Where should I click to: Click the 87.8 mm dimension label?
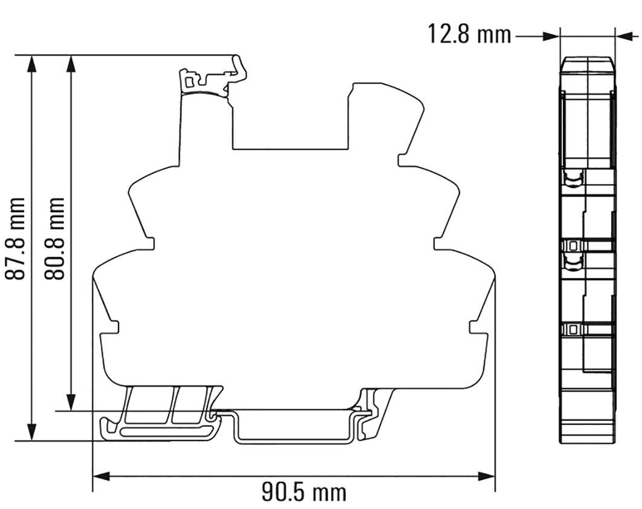pos(17,238)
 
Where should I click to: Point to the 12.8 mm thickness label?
pos(470,34)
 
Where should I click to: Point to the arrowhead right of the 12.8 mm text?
pos(552,36)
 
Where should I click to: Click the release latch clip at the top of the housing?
pos(213,78)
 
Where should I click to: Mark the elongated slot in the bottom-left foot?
pos(164,432)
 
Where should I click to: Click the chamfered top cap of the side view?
pos(587,65)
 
